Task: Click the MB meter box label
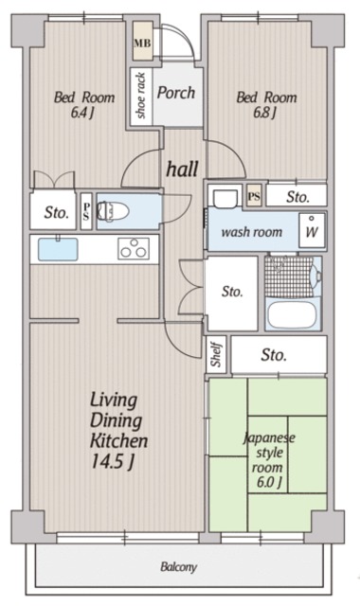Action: pyautogui.click(x=142, y=42)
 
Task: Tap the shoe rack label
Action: pyautogui.click(x=141, y=96)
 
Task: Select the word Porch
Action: pyautogui.click(x=176, y=93)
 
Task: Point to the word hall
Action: pyautogui.click(x=182, y=169)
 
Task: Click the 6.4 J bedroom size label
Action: pyautogui.click(x=82, y=113)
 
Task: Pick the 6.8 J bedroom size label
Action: pyautogui.click(x=265, y=113)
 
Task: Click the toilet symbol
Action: pyautogui.click(x=113, y=211)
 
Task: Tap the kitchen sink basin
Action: pyautogui.click(x=58, y=249)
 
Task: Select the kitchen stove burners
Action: pyautogui.click(x=134, y=248)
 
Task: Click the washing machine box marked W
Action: pyautogui.click(x=312, y=230)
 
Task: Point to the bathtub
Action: pyautogui.click(x=292, y=314)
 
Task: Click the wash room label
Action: pyautogui.click(x=251, y=232)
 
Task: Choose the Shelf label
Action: pyautogui.click(x=216, y=354)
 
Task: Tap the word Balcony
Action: pyautogui.click(x=179, y=567)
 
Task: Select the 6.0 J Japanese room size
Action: pyautogui.click(x=268, y=482)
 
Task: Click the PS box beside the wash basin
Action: pyautogui.click(x=254, y=197)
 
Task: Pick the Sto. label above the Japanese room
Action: pyautogui.click(x=274, y=355)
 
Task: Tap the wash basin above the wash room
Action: pyautogui.click(x=225, y=198)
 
